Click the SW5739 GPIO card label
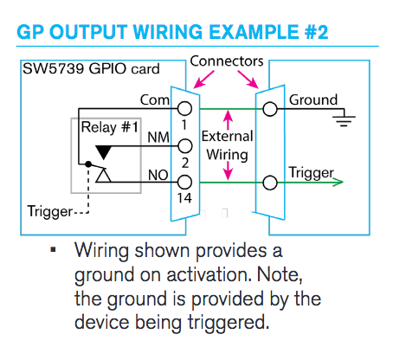coord(80,67)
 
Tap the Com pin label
coord(154,100)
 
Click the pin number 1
coord(184,125)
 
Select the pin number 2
coord(184,162)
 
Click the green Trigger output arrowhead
coord(339,182)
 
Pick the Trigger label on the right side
coord(311,173)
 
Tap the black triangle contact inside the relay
coord(103,153)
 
